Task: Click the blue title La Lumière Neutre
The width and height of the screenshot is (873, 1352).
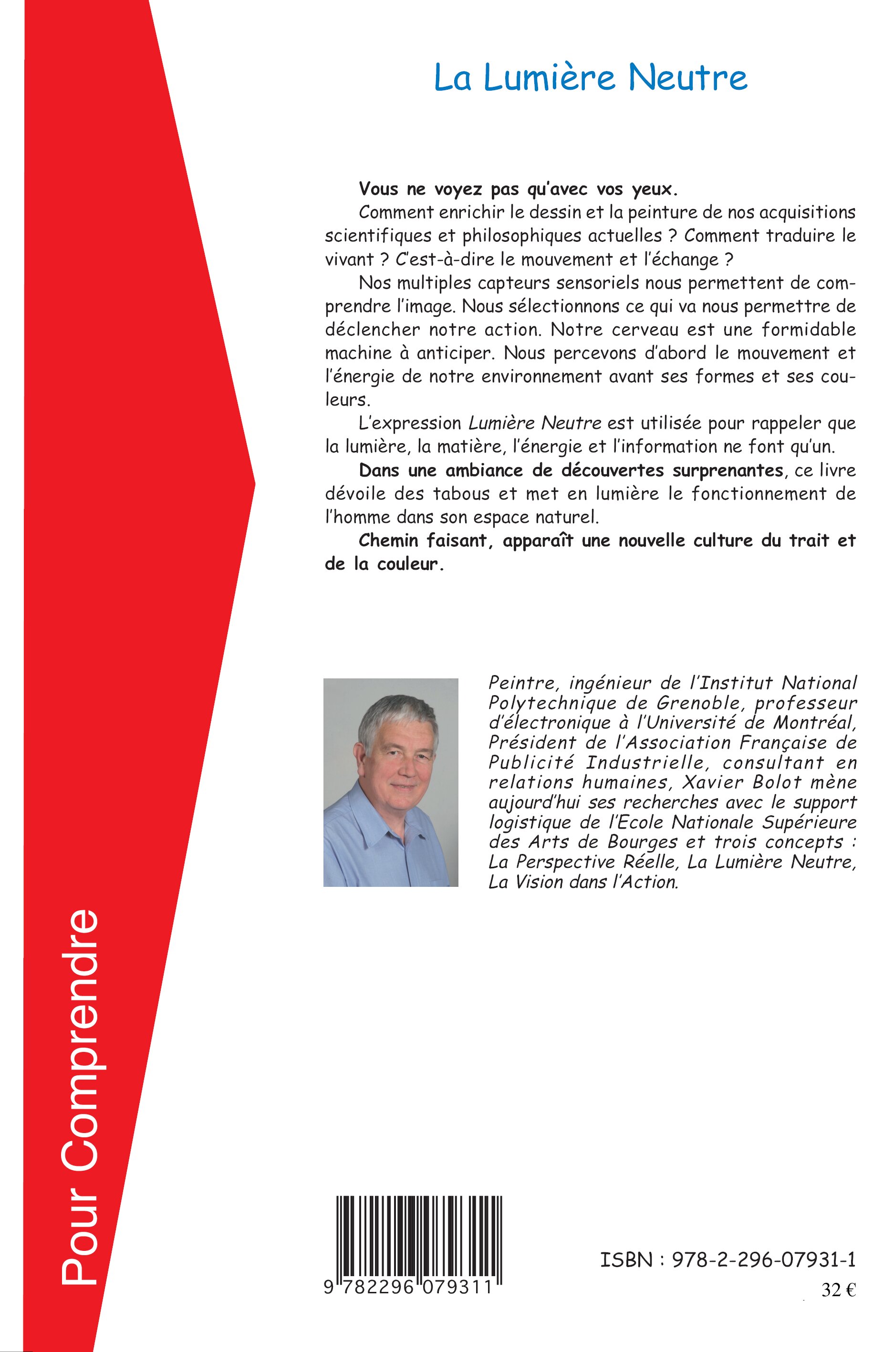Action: coord(590,78)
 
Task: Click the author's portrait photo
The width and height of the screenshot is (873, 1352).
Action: coord(391,782)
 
